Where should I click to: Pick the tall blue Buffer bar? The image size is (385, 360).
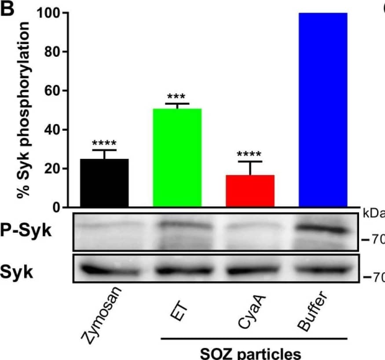323,110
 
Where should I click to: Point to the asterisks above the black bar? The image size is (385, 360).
104,144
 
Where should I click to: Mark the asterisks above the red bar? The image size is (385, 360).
249,155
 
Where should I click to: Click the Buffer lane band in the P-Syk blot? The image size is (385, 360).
322,229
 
